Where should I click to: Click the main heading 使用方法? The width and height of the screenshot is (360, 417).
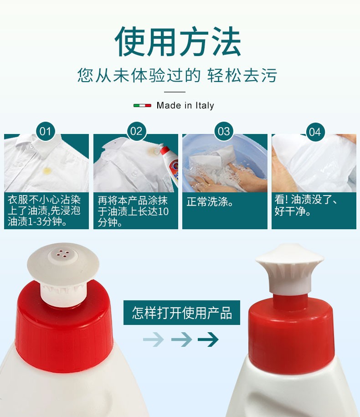click(178, 41)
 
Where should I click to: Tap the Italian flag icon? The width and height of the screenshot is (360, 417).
click(142, 106)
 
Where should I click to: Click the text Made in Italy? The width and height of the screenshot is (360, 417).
click(185, 106)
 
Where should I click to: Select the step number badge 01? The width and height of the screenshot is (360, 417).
click(45, 131)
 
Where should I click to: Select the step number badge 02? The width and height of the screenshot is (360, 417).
click(136, 131)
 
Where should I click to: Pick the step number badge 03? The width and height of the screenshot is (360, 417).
click(224, 131)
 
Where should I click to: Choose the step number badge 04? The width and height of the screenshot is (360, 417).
click(315, 132)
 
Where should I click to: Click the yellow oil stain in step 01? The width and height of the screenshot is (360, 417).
click(47, 170)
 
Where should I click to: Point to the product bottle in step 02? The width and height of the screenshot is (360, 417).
click(170, 165)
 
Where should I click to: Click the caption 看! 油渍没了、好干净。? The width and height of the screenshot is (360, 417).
click(306, 205)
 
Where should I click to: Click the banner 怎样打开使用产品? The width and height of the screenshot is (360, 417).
click(182, 313)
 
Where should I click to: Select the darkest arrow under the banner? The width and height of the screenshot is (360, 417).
click(208, 340)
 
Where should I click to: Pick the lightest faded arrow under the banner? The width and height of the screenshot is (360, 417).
click(154, 340)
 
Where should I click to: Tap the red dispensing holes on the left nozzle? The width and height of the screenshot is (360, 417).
click(63, 254)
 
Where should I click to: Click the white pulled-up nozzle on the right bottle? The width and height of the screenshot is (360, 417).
click(290, 268)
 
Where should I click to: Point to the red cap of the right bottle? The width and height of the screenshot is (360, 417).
click(291, 335)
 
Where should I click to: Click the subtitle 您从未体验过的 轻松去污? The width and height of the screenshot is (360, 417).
click(177, 75)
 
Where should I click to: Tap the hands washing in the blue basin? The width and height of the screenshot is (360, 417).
click(229, 178)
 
